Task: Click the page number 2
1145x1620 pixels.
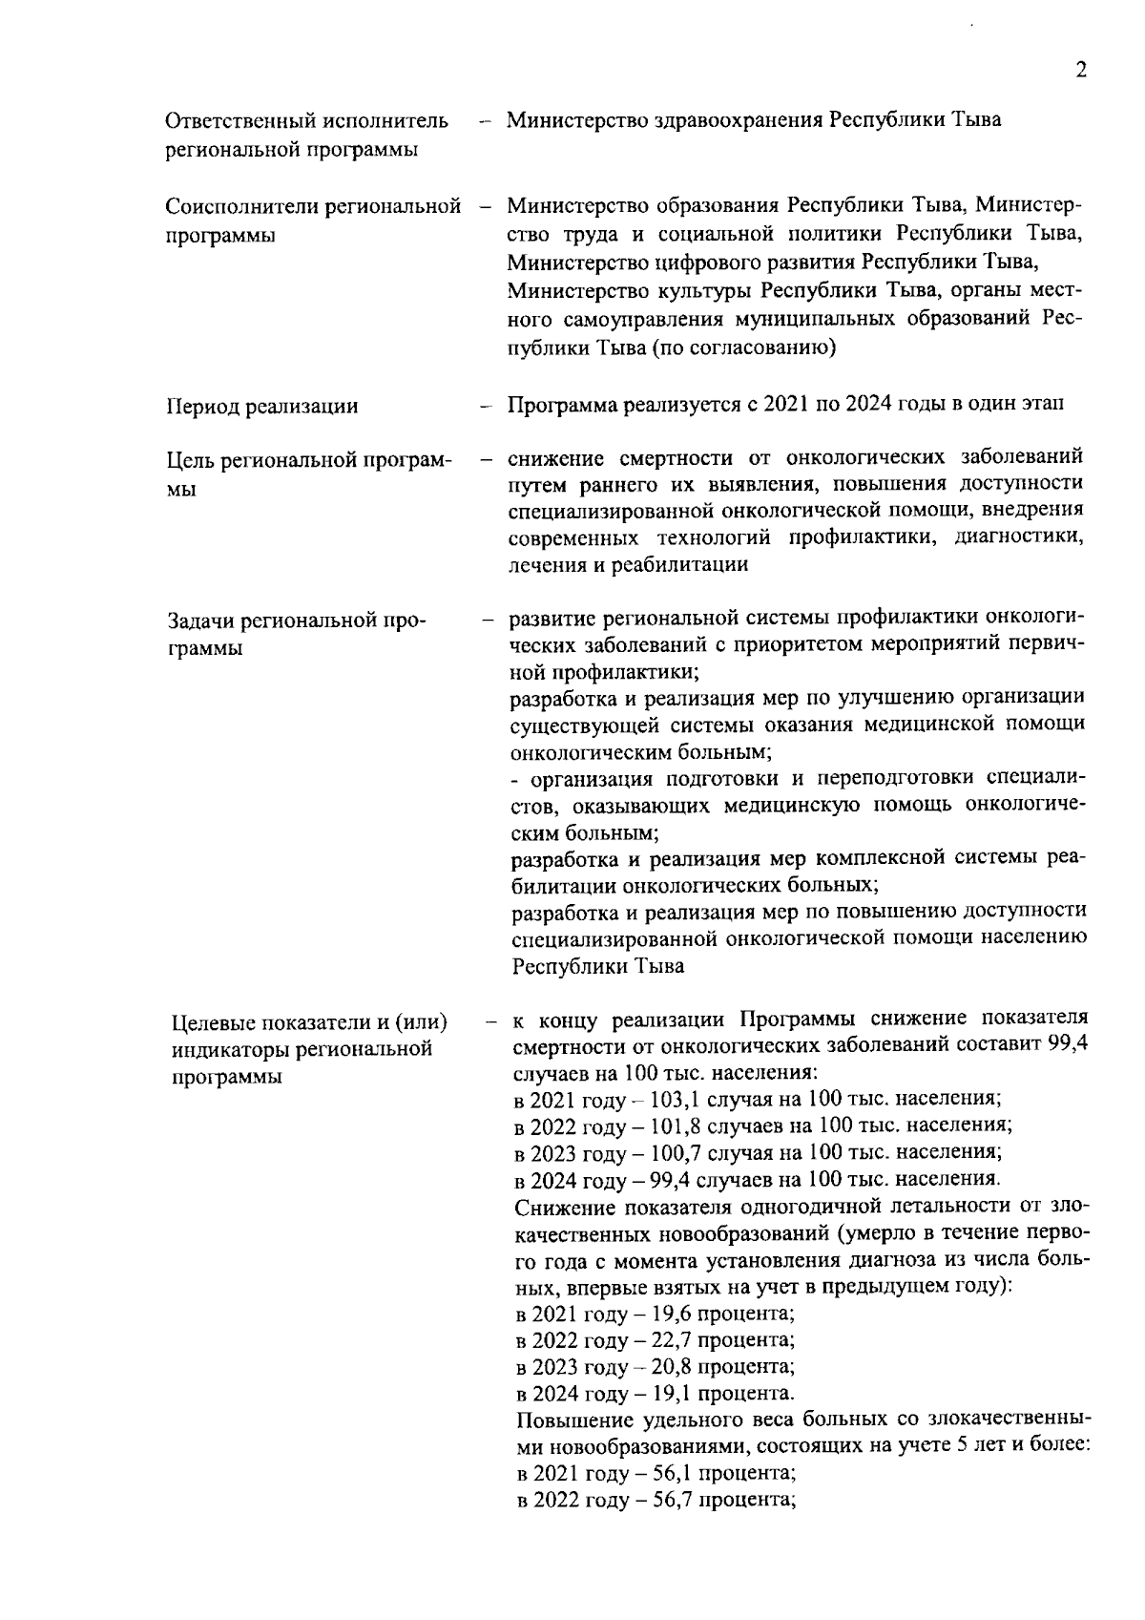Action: (1080, 70)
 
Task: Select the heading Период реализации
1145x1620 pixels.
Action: (262, 407)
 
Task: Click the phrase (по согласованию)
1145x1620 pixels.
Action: (743, 347)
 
